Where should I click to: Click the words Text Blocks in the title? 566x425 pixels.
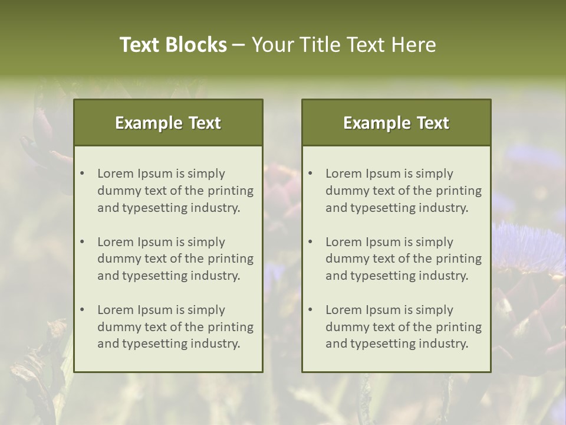point(173,45)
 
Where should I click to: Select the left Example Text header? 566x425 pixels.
point(168,123)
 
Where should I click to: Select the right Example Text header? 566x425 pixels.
point(396,123)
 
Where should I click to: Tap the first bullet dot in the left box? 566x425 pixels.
point(82,174)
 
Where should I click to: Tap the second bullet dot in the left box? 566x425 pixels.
point(82,242)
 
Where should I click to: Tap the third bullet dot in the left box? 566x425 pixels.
point(82,310)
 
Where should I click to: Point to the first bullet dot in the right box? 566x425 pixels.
point(310,174)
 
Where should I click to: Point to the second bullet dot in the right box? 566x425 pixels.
point(310,242)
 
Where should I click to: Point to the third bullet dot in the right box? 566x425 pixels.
point(310,310)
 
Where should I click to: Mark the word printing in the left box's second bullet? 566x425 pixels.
point(231,259)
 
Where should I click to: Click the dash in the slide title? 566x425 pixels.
point(239,45)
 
